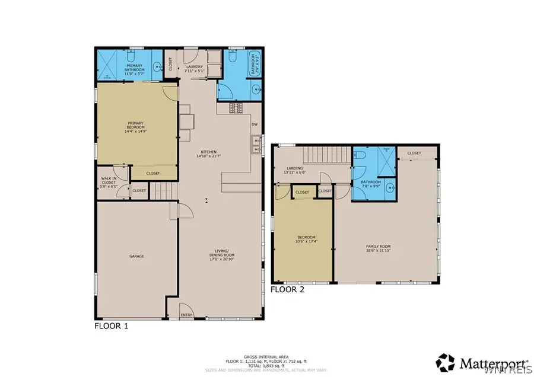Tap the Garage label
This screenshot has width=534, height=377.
tap(136, 256)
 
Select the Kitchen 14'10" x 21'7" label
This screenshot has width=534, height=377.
tap(207, 154)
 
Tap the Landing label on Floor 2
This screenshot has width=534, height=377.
tap(296, 170)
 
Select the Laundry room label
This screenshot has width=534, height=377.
tap(195, 69)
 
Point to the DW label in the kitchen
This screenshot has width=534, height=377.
tap(254, 124)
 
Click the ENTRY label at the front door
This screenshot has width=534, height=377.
tap(186, 315)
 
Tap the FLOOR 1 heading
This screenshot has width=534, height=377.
tap(111, 326)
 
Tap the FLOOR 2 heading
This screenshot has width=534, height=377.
tap(287, 289)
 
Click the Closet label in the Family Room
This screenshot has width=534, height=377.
tap(414, 153)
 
